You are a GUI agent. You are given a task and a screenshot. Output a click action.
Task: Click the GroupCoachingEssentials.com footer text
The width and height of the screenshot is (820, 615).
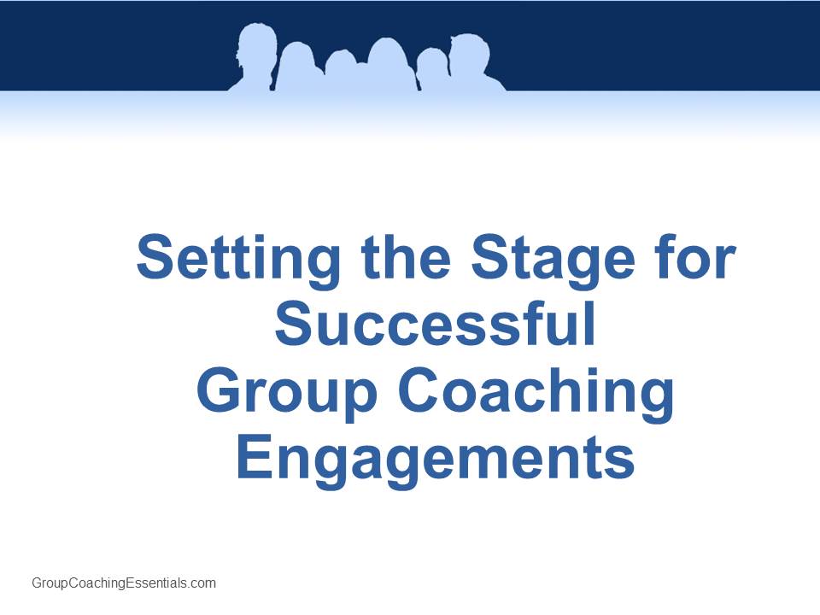point(124,583)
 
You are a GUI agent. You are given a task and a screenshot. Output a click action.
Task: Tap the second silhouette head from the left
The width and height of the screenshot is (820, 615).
point(297,61)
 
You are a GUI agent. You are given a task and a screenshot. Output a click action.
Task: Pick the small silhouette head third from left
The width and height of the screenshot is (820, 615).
point(341,66)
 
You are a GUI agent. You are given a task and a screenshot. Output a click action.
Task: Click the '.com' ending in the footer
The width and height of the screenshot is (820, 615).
point(202,583)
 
